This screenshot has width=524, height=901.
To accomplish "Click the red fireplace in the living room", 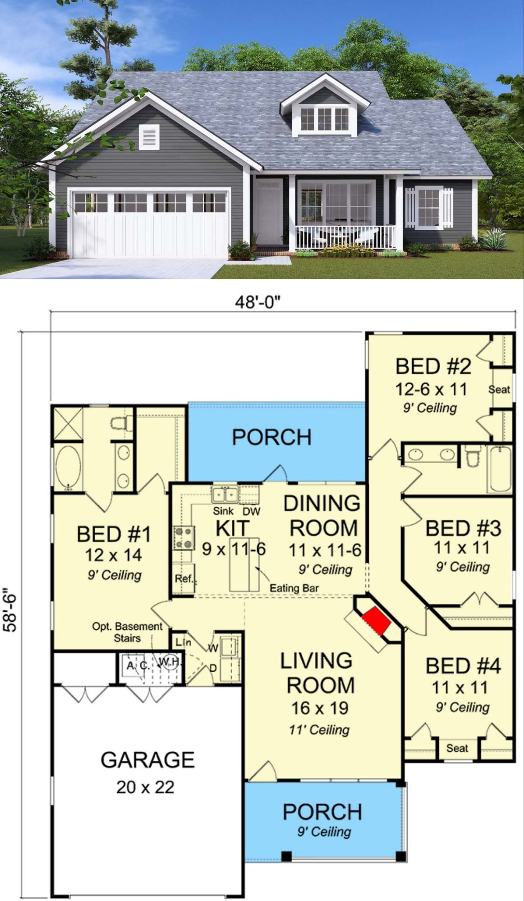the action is coord(376,620).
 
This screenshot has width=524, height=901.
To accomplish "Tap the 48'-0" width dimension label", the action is coord(257,302).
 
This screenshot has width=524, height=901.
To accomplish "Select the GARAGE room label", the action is coord(147,760).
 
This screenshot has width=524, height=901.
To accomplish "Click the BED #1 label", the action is coord(114,534).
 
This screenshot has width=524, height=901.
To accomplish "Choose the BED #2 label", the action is coord(433,366).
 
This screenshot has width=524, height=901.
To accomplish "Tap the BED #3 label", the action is coord(463,528).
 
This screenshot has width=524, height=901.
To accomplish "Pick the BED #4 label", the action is coord(463,666).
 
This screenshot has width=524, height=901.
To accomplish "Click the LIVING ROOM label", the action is coord(317,673).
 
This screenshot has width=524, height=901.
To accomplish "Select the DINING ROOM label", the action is coord(322,515).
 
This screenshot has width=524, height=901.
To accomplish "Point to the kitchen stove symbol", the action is coord(184,538).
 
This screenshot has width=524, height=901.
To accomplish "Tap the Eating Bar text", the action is coord(294,588).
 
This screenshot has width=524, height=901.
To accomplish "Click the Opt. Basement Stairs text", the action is coord(127,632).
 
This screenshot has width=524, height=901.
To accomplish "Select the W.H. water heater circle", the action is coord(170,661).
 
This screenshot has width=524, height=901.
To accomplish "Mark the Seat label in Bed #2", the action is coord(499,389).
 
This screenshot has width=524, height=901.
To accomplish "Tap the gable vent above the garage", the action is coord(149,137).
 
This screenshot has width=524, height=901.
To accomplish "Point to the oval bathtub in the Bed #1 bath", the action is coord(68,467).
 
